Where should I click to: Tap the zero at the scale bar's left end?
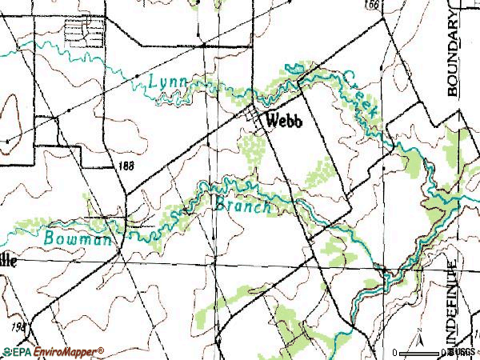395,352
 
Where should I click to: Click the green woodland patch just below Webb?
254,147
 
